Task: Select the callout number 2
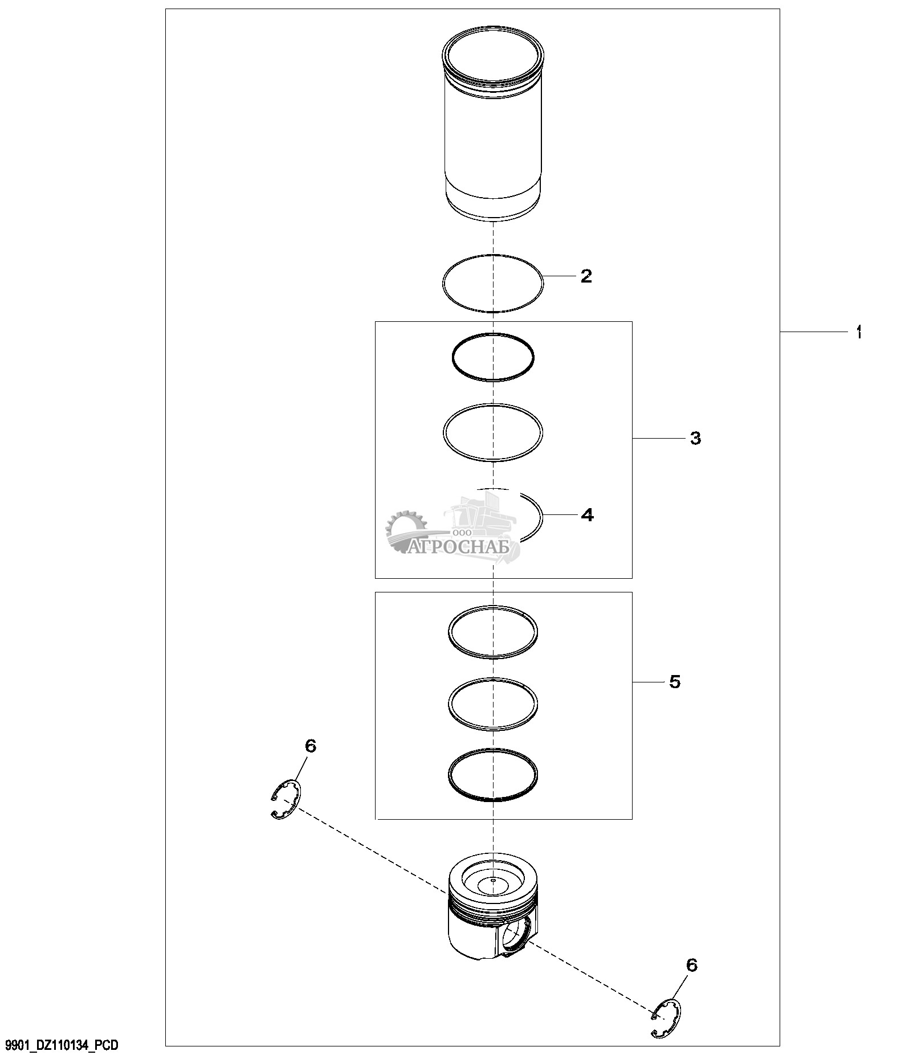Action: pos(586,276)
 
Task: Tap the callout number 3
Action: pos(695,438)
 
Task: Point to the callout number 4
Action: pos(587,515)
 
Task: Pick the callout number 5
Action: pos(675,681)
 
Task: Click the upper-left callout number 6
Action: pos(311,746)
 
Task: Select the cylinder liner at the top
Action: pos(493,124)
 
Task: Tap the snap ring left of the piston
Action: pos(286,800)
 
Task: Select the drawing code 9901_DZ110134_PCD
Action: pos(62,1045)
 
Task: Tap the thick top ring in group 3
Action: pos(493,357)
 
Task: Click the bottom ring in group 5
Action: pos(493,775)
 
